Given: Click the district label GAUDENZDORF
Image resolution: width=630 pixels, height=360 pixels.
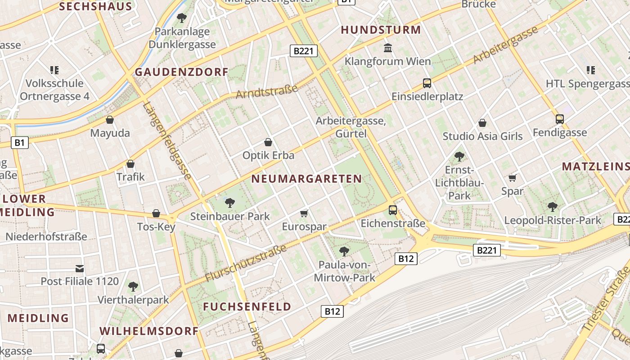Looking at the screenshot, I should (x=181, y=72).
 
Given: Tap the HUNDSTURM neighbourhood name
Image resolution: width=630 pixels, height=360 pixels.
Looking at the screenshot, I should (x=381, y=30).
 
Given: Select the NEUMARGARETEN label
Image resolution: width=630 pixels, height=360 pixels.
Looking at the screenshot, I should (x=306, y=179).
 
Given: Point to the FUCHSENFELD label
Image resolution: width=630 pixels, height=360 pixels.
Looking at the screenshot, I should (x=247, y=307).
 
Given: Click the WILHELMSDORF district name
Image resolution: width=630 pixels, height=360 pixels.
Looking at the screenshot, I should (x=149, y=331).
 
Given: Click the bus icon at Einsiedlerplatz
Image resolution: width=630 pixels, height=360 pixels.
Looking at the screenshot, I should (x=427, y=83).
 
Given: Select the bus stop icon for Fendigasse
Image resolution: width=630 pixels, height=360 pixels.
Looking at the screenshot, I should (x=560, y=119).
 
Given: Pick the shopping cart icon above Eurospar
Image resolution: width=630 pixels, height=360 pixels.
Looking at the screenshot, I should (x=304, y=213).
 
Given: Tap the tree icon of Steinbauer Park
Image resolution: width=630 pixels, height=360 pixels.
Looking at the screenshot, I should (x=230, y=202).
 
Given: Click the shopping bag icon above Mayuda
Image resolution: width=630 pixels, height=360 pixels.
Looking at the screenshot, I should (x=110, y=120).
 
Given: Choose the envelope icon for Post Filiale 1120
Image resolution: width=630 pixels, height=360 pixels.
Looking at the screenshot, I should (x=80, y=268).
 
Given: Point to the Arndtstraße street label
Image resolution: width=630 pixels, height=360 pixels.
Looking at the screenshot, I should (x=267, y=92).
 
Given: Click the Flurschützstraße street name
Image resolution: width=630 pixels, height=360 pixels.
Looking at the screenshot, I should (x=246, y=263).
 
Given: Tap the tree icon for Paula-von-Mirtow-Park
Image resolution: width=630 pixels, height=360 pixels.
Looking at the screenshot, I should (x=344, y=251).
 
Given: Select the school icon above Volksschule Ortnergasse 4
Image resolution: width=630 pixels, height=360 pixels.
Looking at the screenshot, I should (x=54, y=70).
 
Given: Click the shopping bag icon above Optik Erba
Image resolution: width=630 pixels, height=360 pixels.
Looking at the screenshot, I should (x=268, y=142).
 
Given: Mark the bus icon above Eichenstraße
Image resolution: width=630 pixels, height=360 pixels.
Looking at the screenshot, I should (x=393, y=210).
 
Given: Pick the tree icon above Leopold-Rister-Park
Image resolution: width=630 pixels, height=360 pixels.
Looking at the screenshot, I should (x=553, y=207).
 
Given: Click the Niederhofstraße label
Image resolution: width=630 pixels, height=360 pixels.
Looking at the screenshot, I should (x=46, y=236).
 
